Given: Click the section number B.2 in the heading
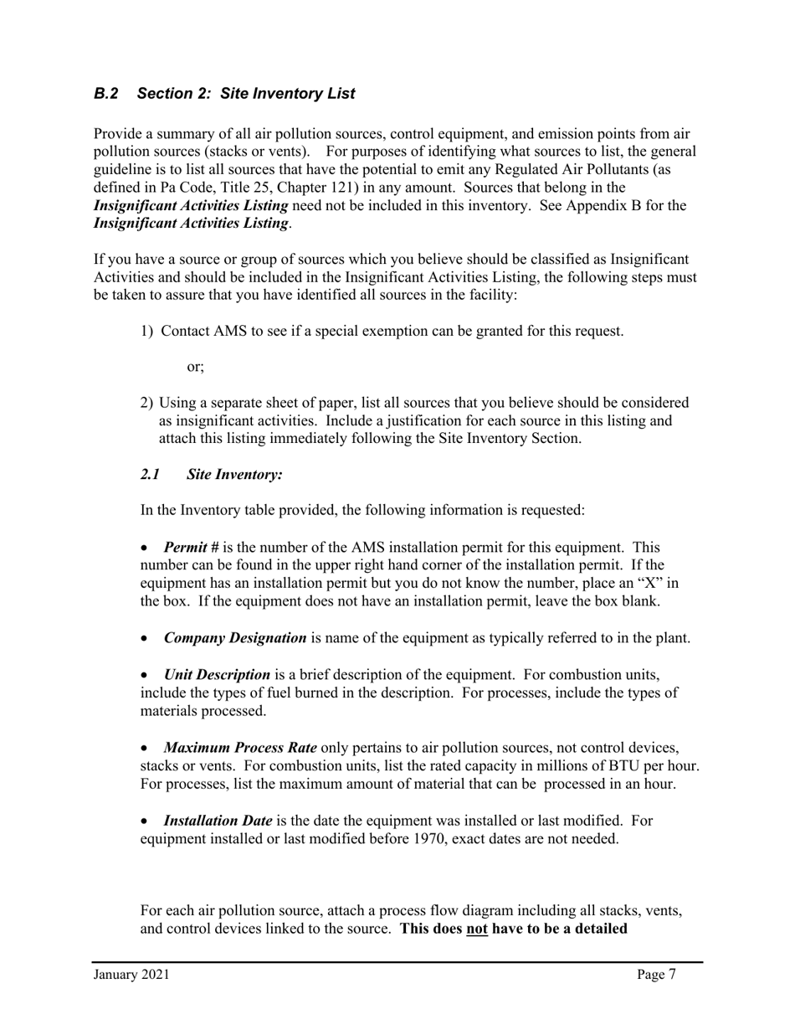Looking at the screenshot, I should tap(105, 94).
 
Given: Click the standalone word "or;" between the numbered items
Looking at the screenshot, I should tap(195, 367).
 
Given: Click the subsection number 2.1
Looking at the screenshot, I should tap(151, 475).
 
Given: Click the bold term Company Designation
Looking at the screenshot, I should tap(235, 638).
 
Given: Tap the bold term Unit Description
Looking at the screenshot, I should tap(217, 675).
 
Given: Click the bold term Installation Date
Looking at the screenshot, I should tap(218, 821).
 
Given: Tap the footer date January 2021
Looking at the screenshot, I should tap(131, 975).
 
